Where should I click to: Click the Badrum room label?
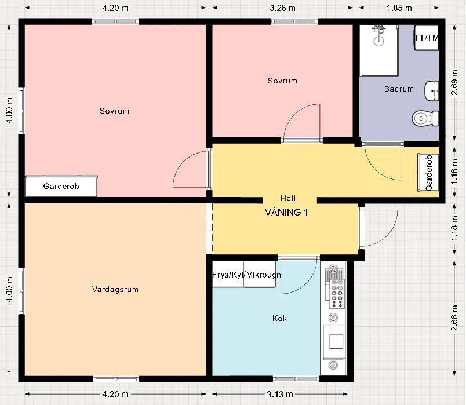tap(399, 89)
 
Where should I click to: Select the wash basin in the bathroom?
tap(431, 90)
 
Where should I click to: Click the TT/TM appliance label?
tap(426, 38)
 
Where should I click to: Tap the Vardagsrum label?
tap(115, 289)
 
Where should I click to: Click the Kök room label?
tap(279, 318)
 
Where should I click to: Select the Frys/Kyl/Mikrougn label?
tap(246, 274)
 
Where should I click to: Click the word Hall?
tap(287, 198)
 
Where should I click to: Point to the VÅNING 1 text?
tap(286, 212)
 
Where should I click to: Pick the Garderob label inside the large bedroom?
tap(61, 187)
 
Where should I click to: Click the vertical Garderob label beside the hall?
tap(429, 173)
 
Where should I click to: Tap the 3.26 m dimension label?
tap(283, 8)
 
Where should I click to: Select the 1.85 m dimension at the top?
tap(400, 8)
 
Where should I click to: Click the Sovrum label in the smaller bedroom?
tap(282, 81)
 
